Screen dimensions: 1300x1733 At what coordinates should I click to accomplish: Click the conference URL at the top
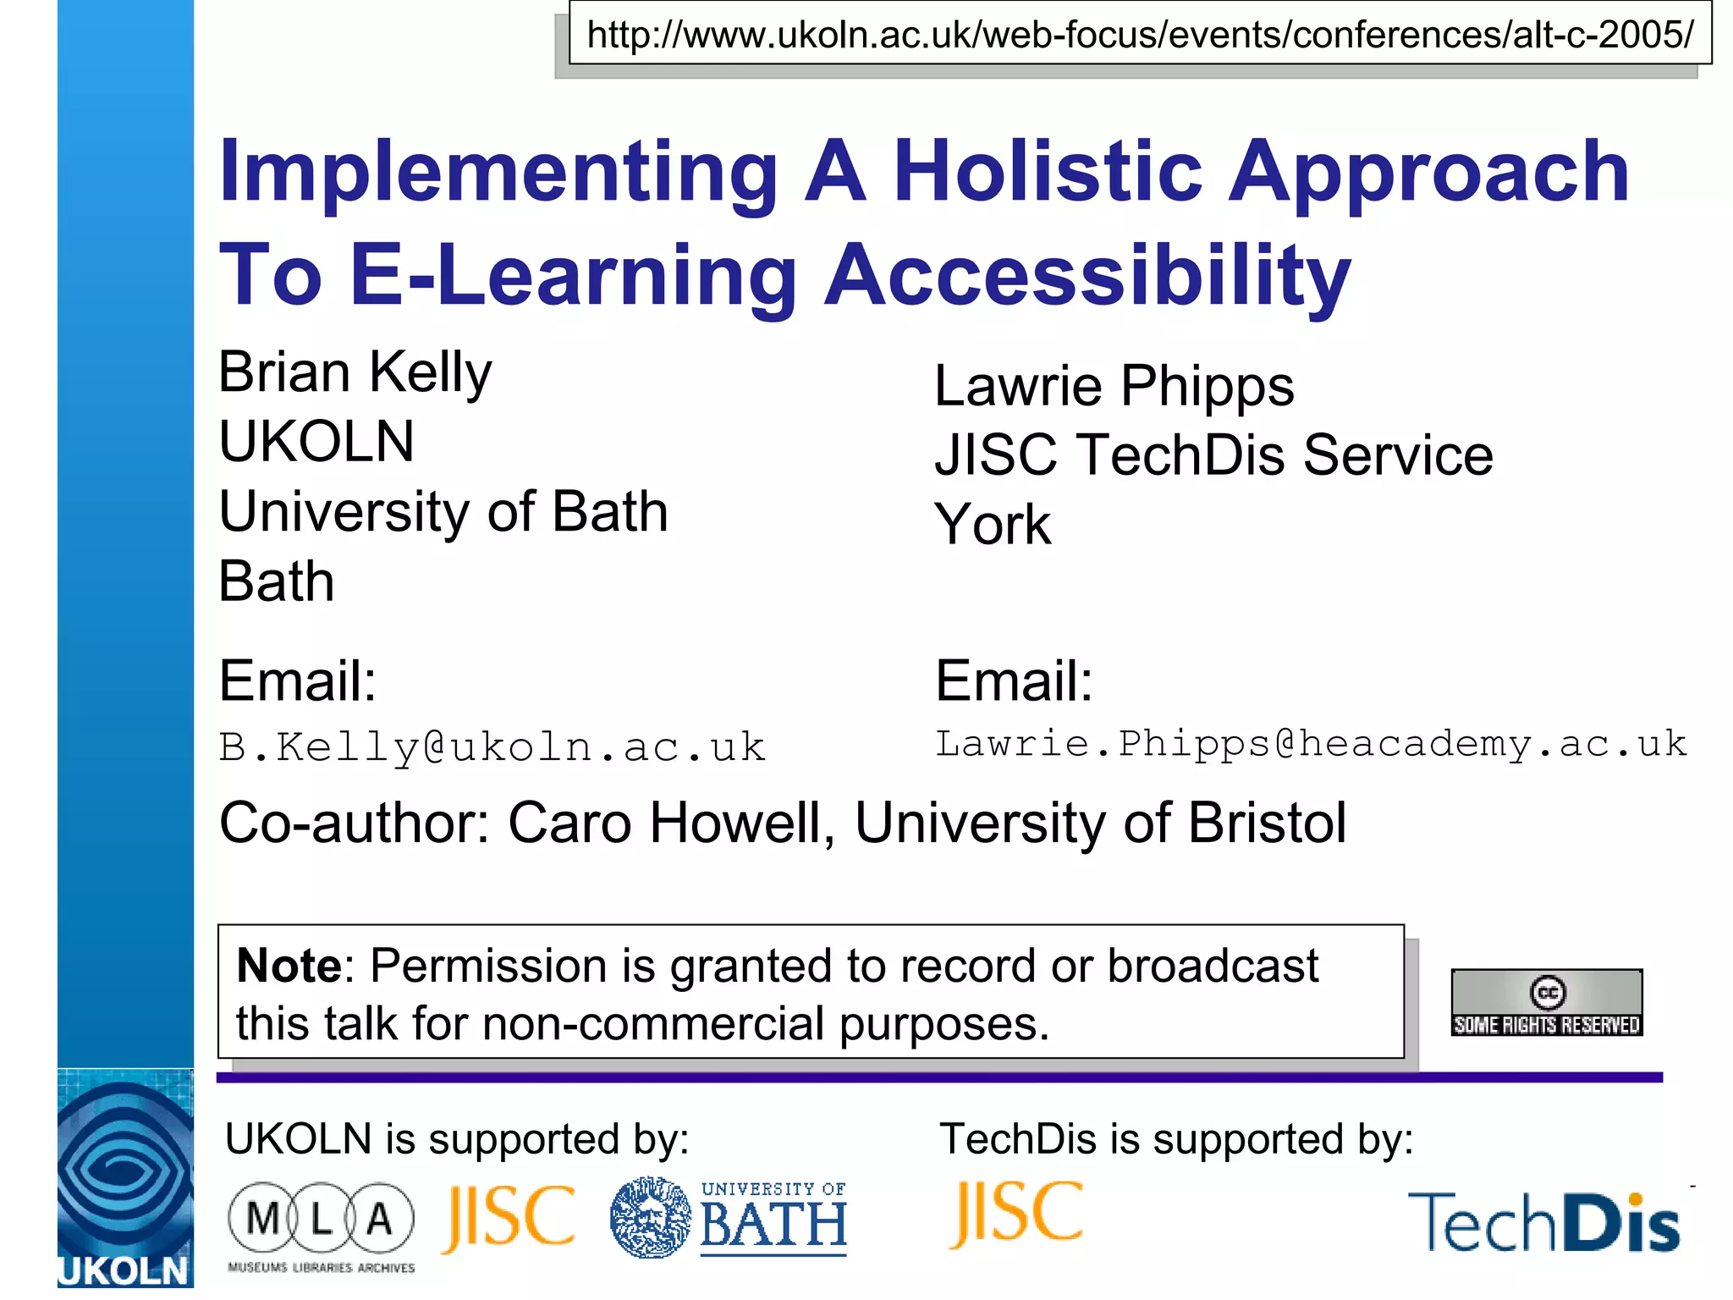click(x=1139, y=35)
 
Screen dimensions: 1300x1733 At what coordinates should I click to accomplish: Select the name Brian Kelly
click(x=355, y=372)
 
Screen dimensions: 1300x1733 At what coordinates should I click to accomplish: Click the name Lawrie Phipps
click(x=1114, y=387)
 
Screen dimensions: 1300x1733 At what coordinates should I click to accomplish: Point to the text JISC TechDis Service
click(x=1213, y=455)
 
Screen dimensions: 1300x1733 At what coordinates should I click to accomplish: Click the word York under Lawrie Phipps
click(x=993, y=525)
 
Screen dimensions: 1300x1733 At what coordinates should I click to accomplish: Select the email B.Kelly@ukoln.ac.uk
click(x=492, y=747)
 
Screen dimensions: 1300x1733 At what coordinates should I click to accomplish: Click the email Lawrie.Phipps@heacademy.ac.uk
click(x=1310, y=744)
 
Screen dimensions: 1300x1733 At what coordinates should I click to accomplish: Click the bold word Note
click(x=289, y=966)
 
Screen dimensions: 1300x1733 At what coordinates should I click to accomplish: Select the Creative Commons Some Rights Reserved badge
click(x=1546, y=1003)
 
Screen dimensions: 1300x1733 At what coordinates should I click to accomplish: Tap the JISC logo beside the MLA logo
click(x=508, y=1218)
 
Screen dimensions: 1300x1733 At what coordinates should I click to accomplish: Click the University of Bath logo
click(x=729, y=1218)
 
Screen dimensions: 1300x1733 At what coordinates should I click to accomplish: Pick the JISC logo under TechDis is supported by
click(x=1015, y=1214)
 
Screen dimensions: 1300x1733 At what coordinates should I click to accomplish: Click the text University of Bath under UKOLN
click(x=443, y=512)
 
